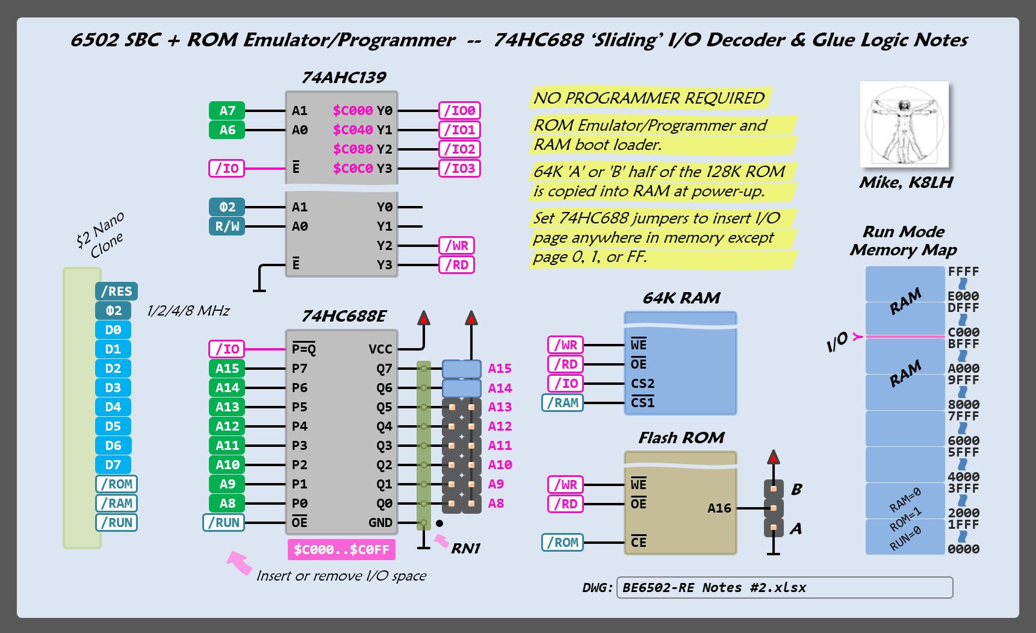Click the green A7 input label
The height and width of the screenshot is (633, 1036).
pos(227,111)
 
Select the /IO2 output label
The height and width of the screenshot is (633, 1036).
pos(459,149)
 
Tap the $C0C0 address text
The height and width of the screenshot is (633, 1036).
pos(353,169)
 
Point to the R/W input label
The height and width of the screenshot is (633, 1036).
pos(227,226)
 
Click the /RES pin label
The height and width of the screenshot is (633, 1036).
pos(116,292)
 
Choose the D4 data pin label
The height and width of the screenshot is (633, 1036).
pos(113,407)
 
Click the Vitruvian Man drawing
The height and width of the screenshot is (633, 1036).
pos(904,125)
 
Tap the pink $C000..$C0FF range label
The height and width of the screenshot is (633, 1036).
pos(341,549)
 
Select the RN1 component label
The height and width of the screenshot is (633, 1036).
pos(466,549)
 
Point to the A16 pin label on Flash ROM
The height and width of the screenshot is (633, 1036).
pos(719,508)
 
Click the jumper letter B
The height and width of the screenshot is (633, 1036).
pos(796,489)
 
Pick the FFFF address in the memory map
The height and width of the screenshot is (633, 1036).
pos(963,272)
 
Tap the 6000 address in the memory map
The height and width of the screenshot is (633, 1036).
pos(963,441)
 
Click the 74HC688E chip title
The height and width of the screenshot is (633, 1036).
pos(344,316)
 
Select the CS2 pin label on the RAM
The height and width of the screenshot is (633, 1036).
pos(642,384)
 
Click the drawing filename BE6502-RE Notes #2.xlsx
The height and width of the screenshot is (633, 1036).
pos(714,588)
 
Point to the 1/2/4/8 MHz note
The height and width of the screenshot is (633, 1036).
pos(188,311)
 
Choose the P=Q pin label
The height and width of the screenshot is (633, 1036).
pos(304,349)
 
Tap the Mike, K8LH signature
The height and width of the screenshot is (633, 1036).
pos(905,182)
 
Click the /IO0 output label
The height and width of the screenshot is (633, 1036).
pos(459,111)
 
